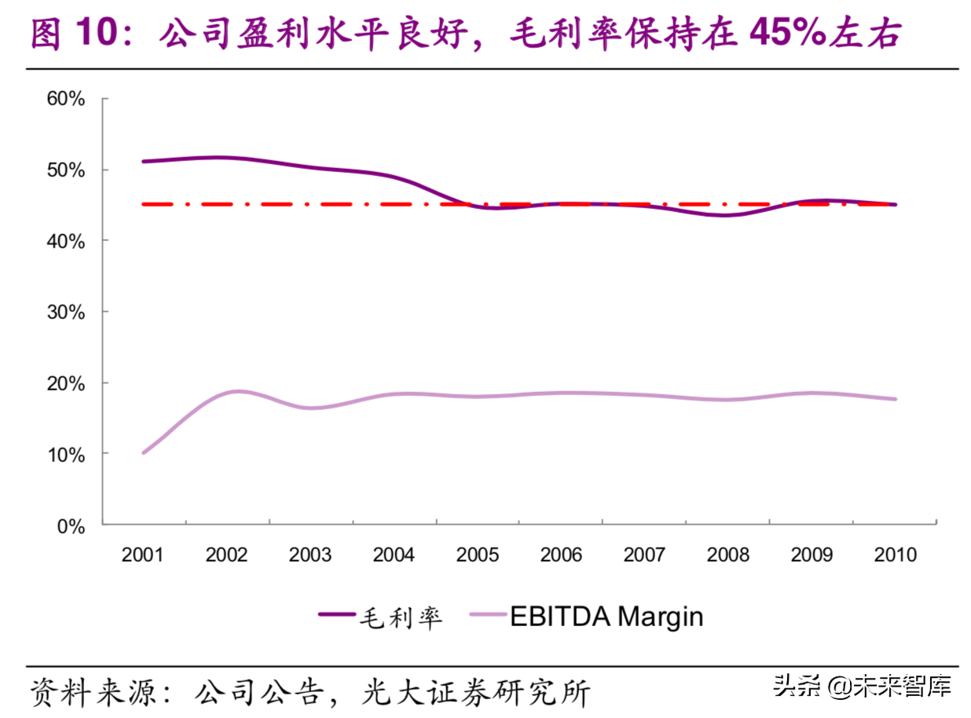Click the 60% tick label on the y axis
[x=66, y=98]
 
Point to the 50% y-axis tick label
[x=66, y=170]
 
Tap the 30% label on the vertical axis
[x=66, y=312]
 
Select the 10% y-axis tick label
[x=66, y=455]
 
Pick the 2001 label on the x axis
[x=143, y=555]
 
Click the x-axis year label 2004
[x=394, y=555]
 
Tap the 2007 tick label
[x=644, y=555]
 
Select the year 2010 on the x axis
[x=895, y=555]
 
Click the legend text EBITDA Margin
[x=606, y=616]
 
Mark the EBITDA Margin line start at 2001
[x=144, y=452]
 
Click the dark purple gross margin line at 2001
[x=144, y=161]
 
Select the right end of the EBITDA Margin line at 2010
[x=894, y=399]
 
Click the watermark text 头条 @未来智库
[x=862, y=686]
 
